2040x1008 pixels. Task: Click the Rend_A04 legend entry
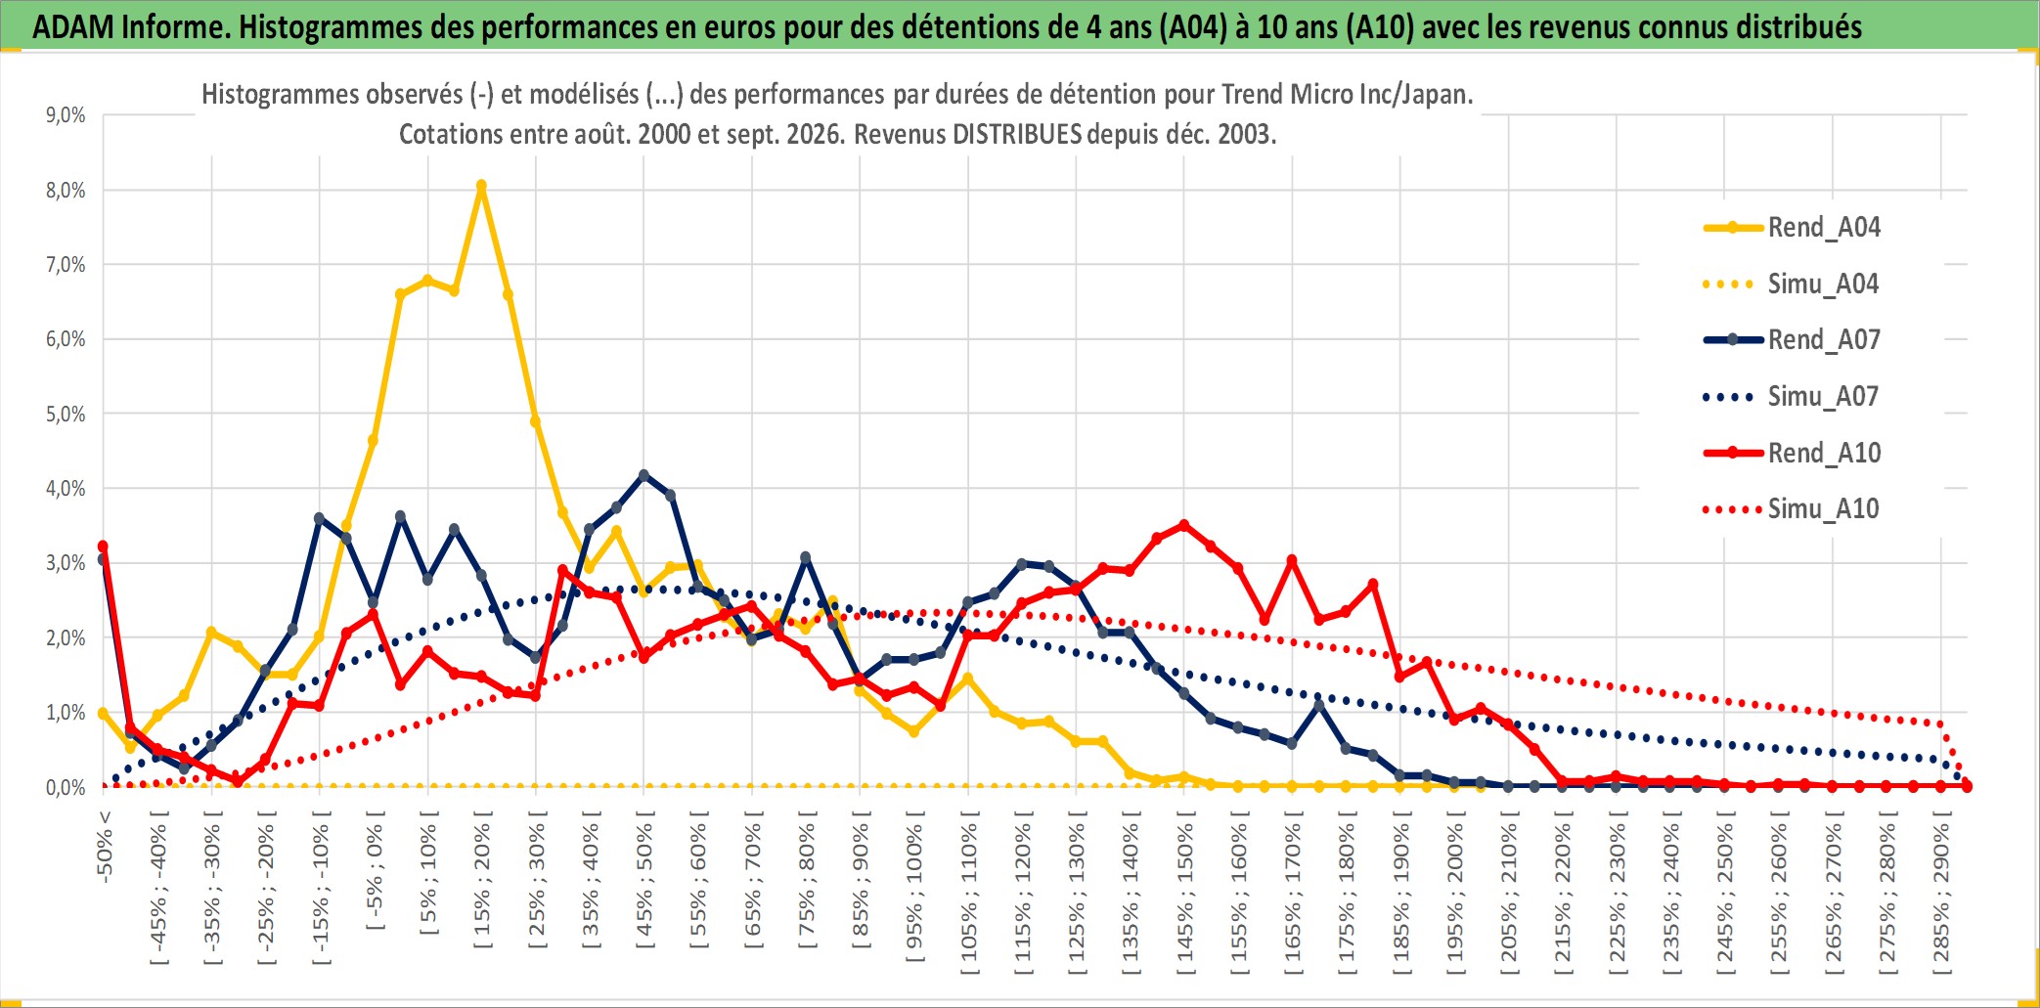coord(1792,228)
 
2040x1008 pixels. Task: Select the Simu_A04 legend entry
coord(1792,285)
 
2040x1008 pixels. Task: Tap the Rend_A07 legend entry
coord(1792,340)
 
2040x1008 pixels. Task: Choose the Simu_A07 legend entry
coord(1792,397)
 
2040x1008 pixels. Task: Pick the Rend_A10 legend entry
coord(1792,453)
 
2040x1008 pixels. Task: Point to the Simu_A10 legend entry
coord(1792,508)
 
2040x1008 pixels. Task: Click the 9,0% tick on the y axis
coord(66,115)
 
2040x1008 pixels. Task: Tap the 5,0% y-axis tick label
coord(66,414)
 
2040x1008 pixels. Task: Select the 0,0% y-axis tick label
coord(66,787)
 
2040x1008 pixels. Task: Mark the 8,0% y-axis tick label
coord(66,190)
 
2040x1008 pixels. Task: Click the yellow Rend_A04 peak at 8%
coord(481,185)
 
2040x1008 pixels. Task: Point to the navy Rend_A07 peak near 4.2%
coord(643,475)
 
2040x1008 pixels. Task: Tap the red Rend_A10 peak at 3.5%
coord(1184,525)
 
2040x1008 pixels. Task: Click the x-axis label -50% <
coord(105,846)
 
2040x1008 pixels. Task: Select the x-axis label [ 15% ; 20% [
coord(482,885)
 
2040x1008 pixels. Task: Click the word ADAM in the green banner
coord(71,26)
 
